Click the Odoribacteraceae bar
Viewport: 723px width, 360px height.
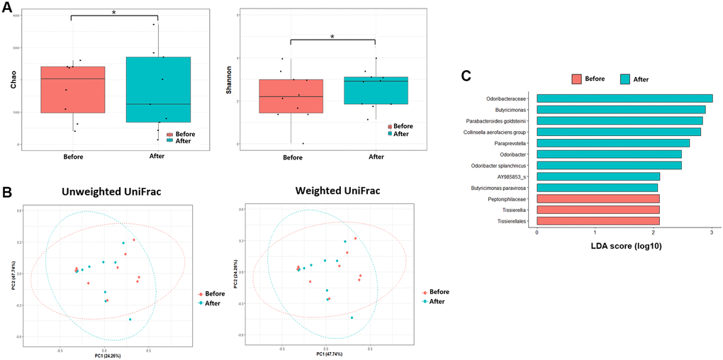[x=624, y=99]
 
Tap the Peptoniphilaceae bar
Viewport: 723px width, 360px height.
[x=598, y=198]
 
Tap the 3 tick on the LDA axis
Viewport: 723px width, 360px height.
[x=711, y=233]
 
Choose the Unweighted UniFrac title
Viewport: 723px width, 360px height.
[x=104, y=191]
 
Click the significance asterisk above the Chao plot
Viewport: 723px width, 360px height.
[x=114, y=12]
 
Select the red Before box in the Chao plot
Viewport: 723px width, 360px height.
[x=73, y=89]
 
